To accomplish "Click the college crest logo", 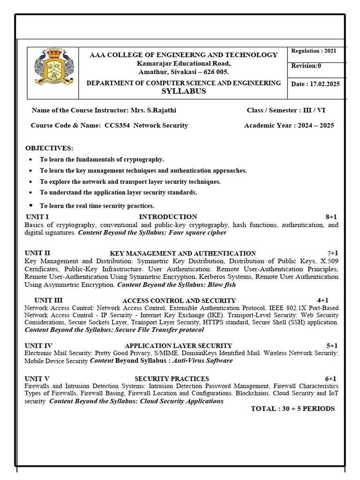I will pos(52,72).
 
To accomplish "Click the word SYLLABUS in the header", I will pos(183,91).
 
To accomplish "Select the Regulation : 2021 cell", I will pos(313,51).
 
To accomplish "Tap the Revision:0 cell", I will pos(304,66).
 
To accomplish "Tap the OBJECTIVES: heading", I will pos(49,148).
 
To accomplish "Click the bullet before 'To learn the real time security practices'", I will pos(30,205).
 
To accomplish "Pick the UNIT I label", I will pos(37,217).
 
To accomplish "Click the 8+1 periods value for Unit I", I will pos(331,217).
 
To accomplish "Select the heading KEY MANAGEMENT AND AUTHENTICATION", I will pos(183,253).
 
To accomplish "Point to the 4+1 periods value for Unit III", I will pos(322,300).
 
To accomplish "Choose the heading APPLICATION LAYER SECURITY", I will pos(178,345).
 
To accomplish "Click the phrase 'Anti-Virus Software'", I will pos(202,360).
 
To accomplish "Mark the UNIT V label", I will pos(37,378).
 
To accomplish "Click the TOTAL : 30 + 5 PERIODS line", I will pos(292,409).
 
